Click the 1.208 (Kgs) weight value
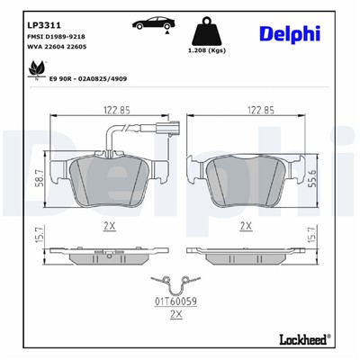(x=206, y=52)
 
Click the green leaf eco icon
(x=36, y=68)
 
